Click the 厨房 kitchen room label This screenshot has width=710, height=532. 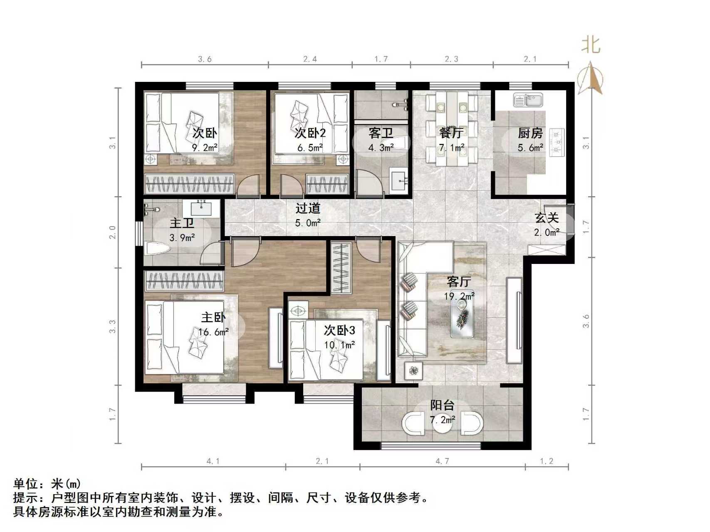(530, 133)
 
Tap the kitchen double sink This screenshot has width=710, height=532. (528, 100)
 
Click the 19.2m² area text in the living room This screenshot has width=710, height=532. (459, 296)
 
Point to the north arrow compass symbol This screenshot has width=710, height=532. (591, 79)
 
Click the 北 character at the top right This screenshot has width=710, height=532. (591, 45)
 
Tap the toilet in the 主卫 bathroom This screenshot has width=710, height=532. (157, 249)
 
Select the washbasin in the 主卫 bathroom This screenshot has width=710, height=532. (202, 208)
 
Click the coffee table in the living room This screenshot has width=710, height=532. (462, 318)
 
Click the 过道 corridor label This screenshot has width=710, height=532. (308, 208)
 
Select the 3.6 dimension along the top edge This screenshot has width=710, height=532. (204, 59)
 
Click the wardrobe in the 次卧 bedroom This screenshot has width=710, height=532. (189, 183)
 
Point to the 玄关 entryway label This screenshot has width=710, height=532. (547, 218)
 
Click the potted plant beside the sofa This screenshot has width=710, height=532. (413, 370)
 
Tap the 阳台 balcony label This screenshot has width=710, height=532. (442, 405)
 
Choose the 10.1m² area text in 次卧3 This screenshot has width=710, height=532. (339, 345)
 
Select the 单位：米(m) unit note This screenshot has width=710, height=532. (47, 484)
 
